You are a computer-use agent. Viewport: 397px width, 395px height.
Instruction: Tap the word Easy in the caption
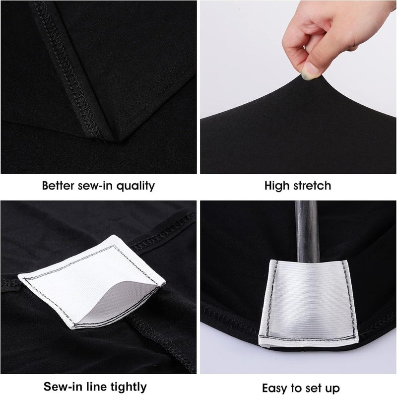pos(273,387)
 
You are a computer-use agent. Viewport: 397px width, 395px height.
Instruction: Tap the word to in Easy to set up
pos(299,387)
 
